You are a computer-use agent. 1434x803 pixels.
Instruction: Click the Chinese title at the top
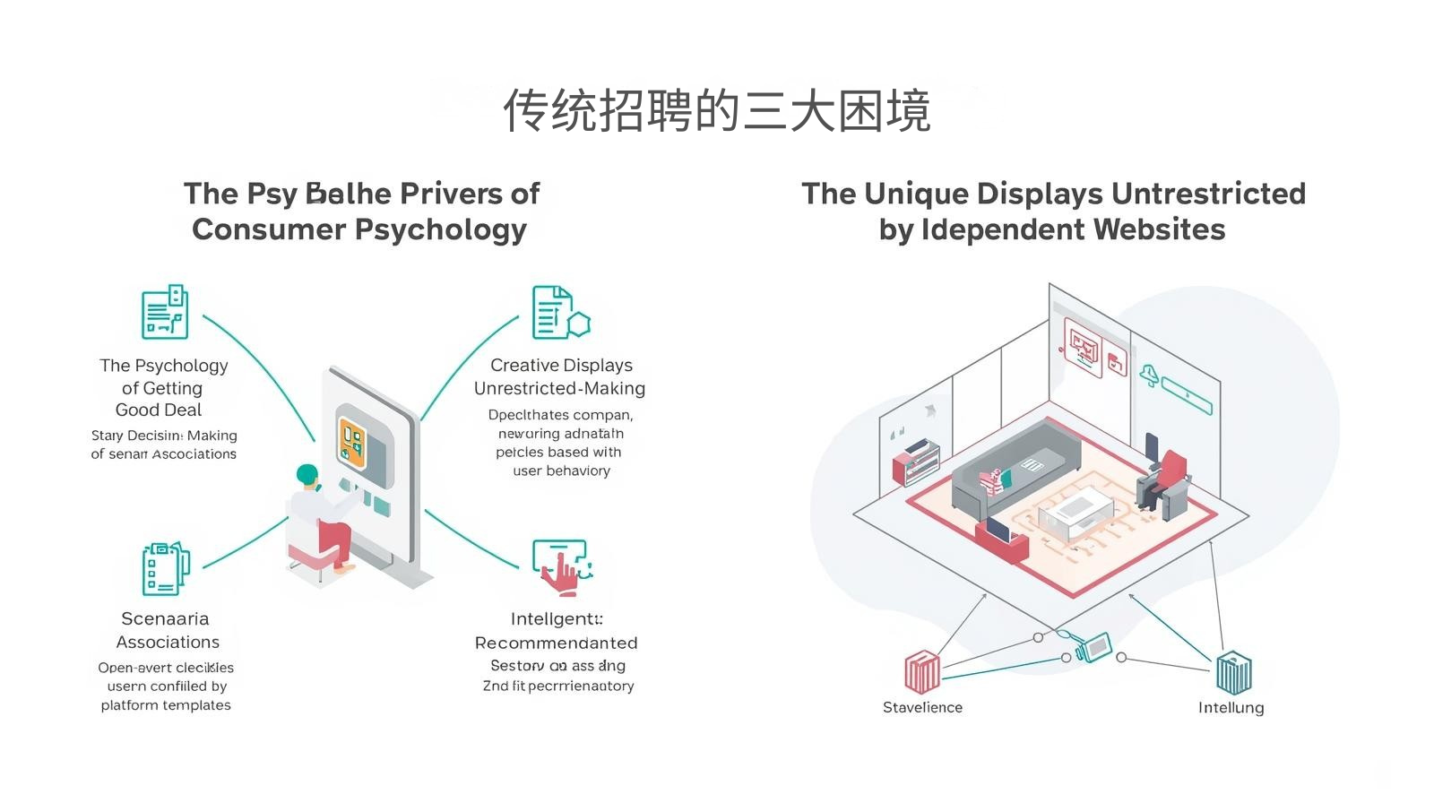click(x=717, y=110)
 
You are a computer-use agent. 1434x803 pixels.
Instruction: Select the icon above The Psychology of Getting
click(x=165, y=312)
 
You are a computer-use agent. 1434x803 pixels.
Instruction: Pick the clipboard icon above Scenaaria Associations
click(x=164, y=568)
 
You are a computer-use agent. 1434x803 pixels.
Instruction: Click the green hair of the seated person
click(x=307, y=474)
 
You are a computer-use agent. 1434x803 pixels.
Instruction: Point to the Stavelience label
click(x=922, y=707)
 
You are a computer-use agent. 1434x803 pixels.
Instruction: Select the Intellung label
click(x=1231, y=707)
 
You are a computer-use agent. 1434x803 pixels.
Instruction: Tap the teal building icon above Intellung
click(x=1233, y=672)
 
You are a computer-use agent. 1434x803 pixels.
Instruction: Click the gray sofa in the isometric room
click(x=1013, y=466)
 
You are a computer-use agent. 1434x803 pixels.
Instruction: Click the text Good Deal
click(x=159, y=410)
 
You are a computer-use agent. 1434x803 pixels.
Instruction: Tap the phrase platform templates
click(x=166, y=705)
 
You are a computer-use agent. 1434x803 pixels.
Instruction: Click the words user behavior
click(x=561, y=471)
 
